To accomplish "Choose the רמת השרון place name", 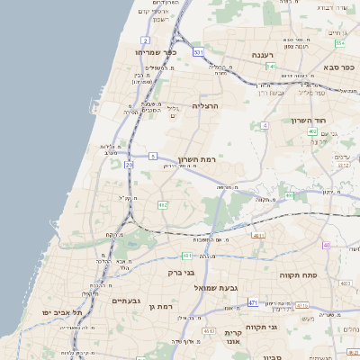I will click(200, 155).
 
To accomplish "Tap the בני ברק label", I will click(182, 272).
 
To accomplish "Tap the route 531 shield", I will click(198, 53).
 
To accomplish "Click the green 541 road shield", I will click(270, 66).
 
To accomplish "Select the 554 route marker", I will click(340, 43).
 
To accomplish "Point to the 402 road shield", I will click(312, 131).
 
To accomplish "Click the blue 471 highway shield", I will click(253, 302).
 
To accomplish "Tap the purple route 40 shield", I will click(327, 245).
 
